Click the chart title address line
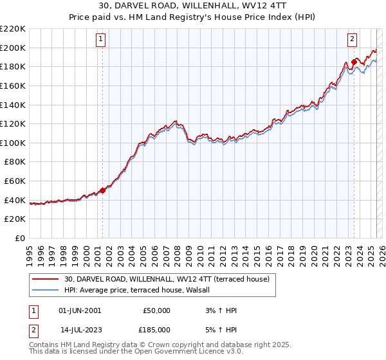(192, 6)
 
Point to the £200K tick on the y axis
(13, 48)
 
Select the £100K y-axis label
(13, 143)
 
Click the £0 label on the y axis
(19, 238)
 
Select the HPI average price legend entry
(142, 290)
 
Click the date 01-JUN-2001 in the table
(80, 310)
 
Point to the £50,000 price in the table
(156, 310)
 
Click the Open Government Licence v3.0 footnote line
(136, 352)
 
